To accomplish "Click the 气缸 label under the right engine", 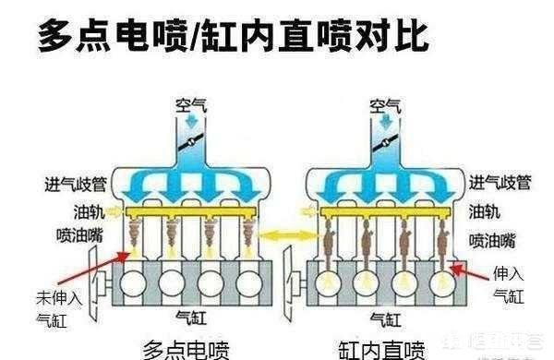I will coord(382,318).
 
